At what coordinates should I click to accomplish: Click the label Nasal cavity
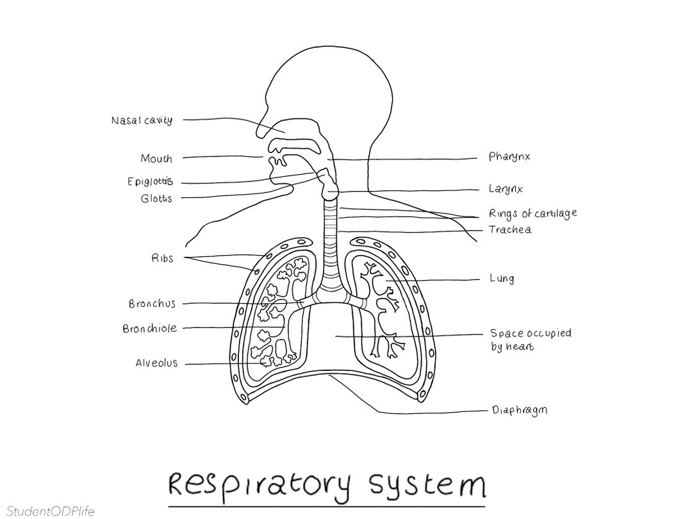141,120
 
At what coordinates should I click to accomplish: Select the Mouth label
156,158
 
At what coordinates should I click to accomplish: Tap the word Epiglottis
150,181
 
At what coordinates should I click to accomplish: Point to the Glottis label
156,199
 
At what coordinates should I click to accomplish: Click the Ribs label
162,258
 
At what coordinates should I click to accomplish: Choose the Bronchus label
152,304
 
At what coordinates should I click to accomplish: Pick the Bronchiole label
149,329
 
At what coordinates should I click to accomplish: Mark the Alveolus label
156,363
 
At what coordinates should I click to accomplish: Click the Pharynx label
509,156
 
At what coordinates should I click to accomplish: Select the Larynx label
506,189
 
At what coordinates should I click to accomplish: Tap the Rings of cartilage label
532,213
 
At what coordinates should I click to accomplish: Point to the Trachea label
510,229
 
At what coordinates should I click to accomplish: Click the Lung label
502,279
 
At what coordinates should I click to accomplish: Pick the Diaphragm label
520,410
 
